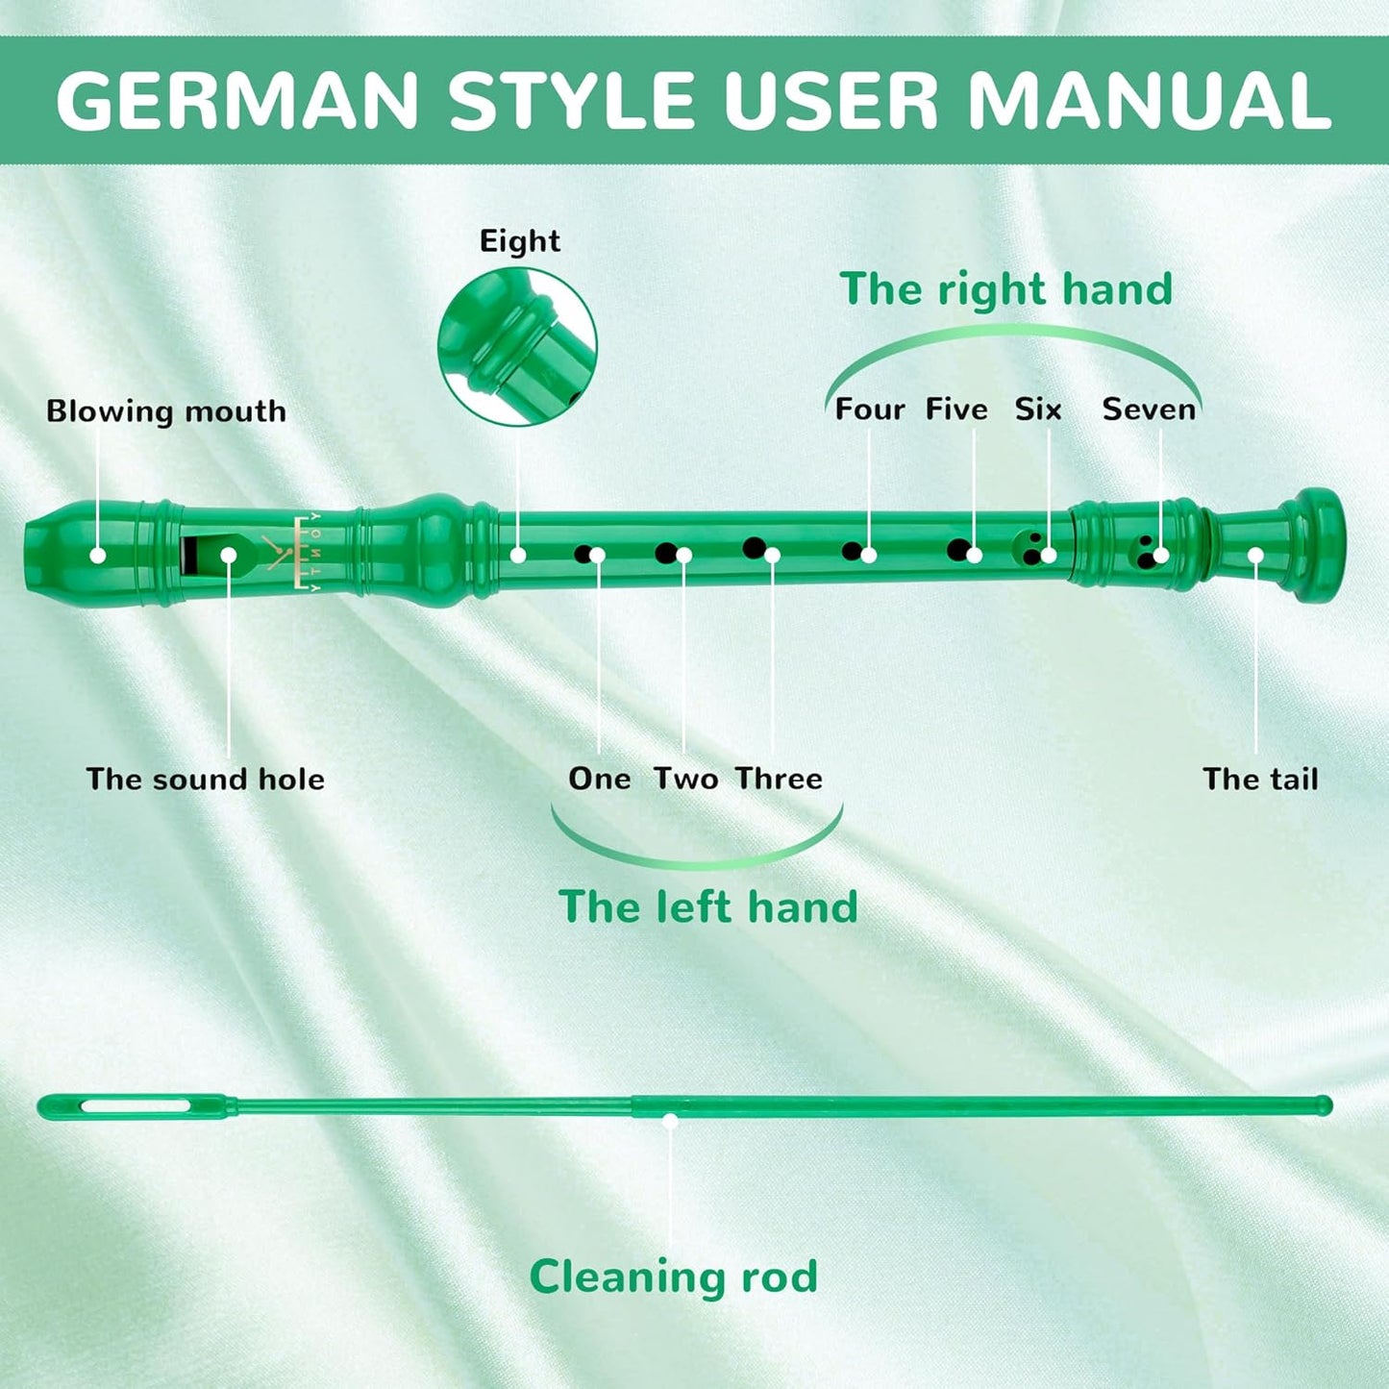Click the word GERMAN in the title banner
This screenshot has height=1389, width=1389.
pyautogui.click(x=236, y=101)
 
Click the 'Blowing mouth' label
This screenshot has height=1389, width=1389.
pyautogui.click(x=166, y=411)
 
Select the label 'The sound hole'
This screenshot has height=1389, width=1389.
pyautogui.click(x=205, y=779)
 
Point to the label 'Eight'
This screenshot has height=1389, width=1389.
pyautogui.click(x=519, y=240)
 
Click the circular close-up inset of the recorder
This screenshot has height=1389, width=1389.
pyautogui.click(x=517, y=347)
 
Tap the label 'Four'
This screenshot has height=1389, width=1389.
pyautogui.click(x=869, y=409)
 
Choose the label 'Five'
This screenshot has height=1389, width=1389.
pyautogui.click(x=956, y=409)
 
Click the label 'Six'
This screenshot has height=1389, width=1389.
pyautogui.click(x=1038, y=409)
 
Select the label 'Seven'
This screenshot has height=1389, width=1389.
pyautogui.click(x=1149, y=409)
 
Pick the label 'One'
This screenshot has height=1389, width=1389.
pyautogui.click(x=599, y=779)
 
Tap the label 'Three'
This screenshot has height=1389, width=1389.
pyautogui.click(x=779, y=779)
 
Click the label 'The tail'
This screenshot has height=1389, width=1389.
pyautogui.click(x=1260, y=779)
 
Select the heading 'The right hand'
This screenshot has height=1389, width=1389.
pyautogui.click(x=1005, y=289)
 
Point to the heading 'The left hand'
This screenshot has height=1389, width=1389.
pyautogui.click(x=707, y=906)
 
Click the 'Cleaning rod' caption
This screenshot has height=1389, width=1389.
pyautogui.click(x=673, y=1277)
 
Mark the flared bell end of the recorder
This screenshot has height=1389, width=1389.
pyautogui.click(x=1317, y=544)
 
